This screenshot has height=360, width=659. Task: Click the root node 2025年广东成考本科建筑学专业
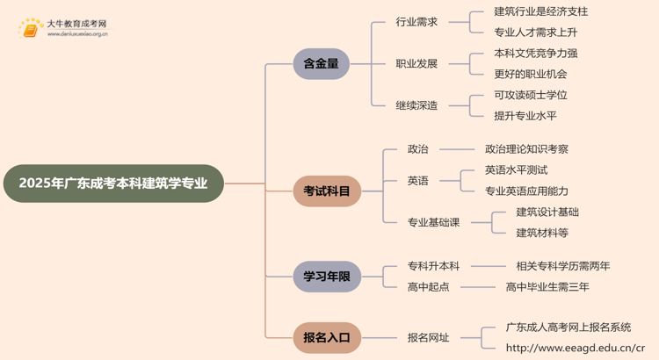click(x=113, y=184)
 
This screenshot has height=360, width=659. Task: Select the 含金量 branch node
click(x=322, y=64)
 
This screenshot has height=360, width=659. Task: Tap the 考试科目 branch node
click(x=327, y=191)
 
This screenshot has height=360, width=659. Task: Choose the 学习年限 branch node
click(x=327, y=277)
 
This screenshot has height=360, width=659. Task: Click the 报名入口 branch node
click(x=327, y=337)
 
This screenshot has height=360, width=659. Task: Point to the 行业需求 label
click(x=416, y=22)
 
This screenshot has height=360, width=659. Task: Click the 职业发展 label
click(x=416, y=64)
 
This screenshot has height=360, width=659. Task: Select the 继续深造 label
click(x=416, y=105)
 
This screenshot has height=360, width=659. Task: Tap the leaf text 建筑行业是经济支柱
click(x=541, y=11)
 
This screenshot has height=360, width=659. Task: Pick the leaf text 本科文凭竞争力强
click(x=536, y=54)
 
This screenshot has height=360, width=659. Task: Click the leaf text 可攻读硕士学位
click(x=531, y=95)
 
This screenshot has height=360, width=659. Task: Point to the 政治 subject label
click(x=418, y=149)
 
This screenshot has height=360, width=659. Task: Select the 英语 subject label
click(x=418, y=181)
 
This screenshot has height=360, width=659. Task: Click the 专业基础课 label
click(x=434, y=222)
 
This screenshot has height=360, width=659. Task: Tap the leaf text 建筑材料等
click(x=542, y=233)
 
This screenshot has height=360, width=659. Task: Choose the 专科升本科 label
click(x=434, y=266)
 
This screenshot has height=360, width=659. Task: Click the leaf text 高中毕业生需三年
click(x=547, y=287)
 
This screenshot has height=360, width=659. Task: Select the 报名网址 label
click(x=429, y=337)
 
